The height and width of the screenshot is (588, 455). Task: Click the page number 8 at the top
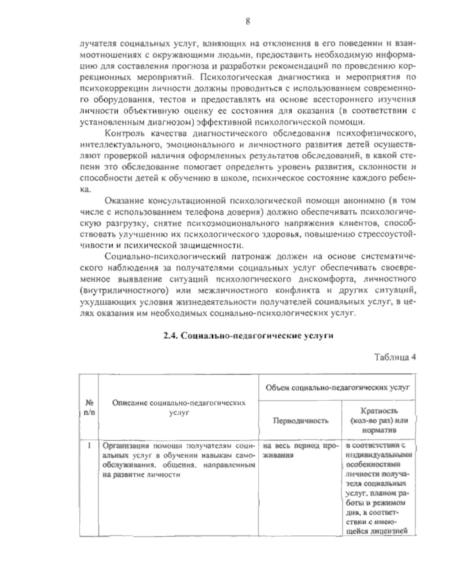[x=247, y=22]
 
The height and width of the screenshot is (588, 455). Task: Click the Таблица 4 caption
[x=395, y=357]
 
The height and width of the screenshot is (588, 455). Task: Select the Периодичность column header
[x=301, y=421]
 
